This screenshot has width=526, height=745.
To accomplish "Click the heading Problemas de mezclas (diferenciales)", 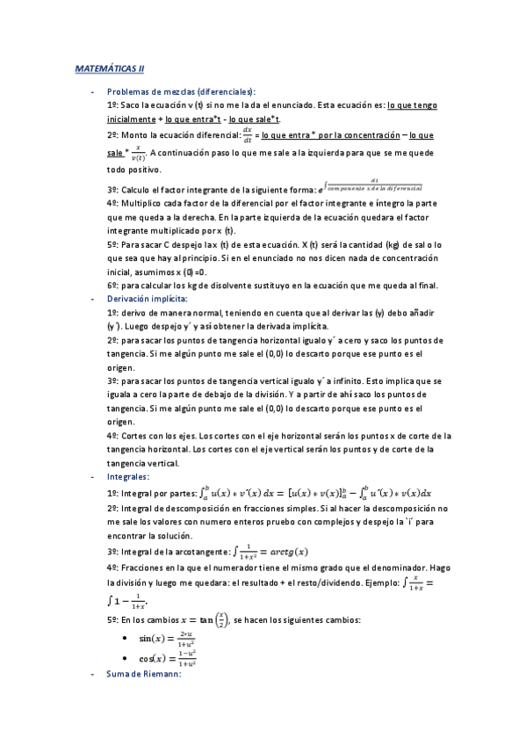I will [x=181, y=91].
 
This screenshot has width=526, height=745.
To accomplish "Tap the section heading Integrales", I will [x=128, y=476].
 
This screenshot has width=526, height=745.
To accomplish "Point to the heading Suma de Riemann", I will [x=143, y=674].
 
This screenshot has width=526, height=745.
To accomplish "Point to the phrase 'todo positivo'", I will [x=140, y=170].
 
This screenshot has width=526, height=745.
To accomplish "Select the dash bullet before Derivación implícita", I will [x=91, y=299].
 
